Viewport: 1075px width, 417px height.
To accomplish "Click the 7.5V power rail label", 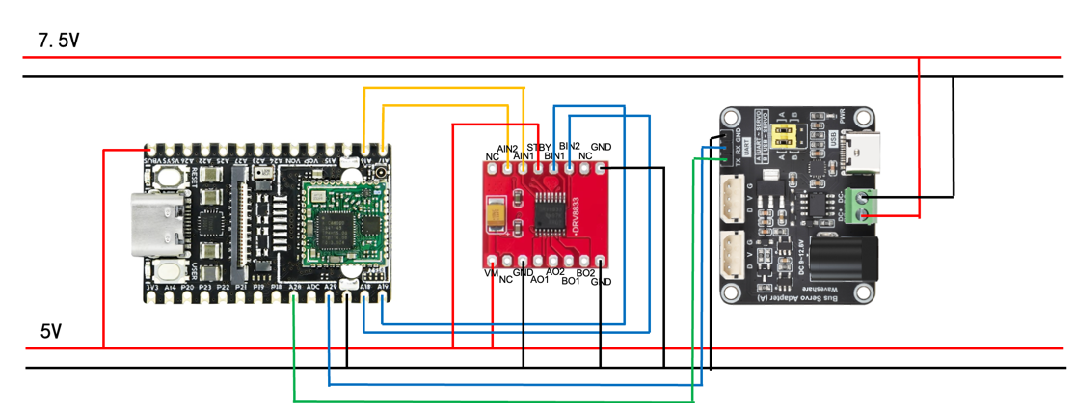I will pyautogui.click(x=57, y=41).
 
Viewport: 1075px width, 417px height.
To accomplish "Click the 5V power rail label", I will pyautogui.click(x=51, y=331).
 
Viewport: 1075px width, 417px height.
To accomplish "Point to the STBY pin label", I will pyautogui.click(x=539, y=147).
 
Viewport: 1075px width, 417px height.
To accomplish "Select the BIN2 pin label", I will pyautogui.click(x=570, y=146).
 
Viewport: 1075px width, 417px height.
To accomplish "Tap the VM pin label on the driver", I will pyautogui.click(x=491, y=274).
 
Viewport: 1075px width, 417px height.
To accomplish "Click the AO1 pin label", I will pyautogui.click(x=540, y=280).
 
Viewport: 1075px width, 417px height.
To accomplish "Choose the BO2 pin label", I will pyautogui.click(x=585, y=274).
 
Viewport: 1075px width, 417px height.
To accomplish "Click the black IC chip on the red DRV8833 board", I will pyautogui.click(x=551, y=211).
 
